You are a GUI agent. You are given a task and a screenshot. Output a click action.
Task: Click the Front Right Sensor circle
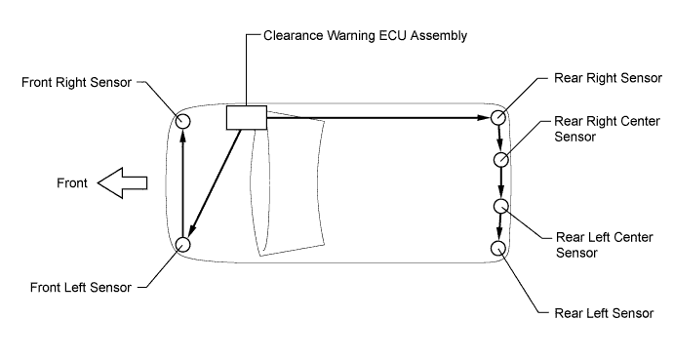[x=182, y=120]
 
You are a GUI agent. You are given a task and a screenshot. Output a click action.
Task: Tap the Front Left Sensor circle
[x=182, y=245]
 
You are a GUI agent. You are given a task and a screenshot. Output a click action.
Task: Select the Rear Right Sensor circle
[x=498, y=118]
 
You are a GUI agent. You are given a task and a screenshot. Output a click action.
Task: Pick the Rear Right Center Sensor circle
[x=500, y=159]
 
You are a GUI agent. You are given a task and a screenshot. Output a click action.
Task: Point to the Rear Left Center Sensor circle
[x=500, y=206]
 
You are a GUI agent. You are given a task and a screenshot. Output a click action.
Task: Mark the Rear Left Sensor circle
[x=500, y=248]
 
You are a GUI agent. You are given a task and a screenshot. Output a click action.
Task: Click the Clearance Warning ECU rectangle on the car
[x=246, y=117]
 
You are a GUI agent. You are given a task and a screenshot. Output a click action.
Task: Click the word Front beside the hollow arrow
[x=71, y=182]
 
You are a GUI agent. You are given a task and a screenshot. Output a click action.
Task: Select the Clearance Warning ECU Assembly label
[x=366, y=36]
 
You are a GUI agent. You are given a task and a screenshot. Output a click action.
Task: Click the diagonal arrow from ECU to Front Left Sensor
[x=217, y=180]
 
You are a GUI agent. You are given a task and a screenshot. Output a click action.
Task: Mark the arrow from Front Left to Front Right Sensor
[x=182, y=182]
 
